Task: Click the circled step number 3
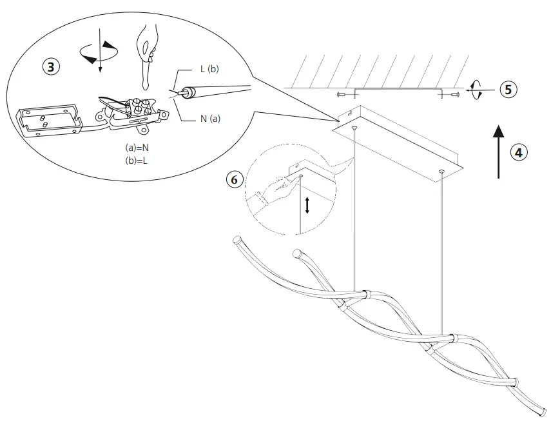(52, 66)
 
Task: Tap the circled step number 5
(508, 90)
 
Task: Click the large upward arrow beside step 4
(498, 152)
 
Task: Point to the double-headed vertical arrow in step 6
(307, 205)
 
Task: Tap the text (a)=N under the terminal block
(137, 148)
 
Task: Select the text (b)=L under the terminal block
(137, 160)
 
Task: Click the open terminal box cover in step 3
(46, 122)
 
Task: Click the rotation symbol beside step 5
(476, 90)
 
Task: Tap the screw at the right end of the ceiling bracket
(455, 95)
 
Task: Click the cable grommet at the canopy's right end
(441, 172)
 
